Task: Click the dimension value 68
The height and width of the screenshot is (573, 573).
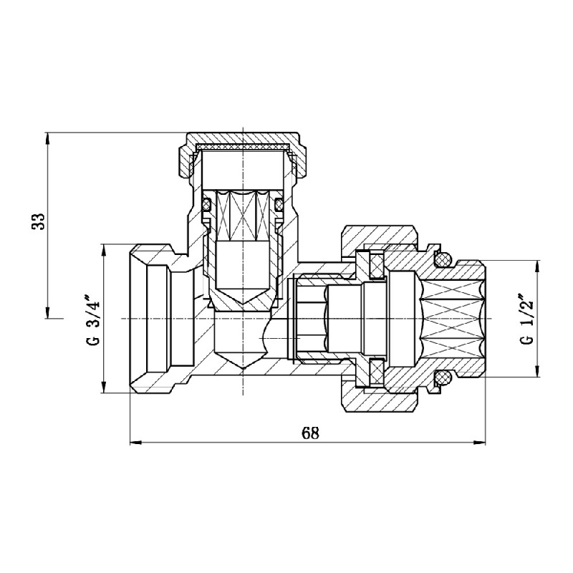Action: click(x=309, y=433)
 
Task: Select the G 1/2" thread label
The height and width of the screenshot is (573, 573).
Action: click(x=527, y=319)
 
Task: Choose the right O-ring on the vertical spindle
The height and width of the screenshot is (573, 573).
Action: click(x=279, y=206)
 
